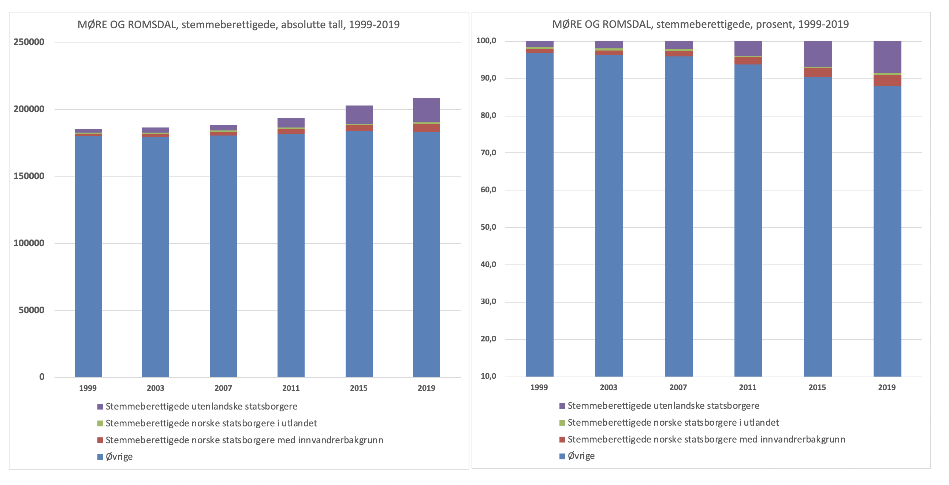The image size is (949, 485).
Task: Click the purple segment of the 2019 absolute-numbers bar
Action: [x=426, y=110]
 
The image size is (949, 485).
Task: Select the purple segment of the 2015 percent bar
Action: [x=818, y=54]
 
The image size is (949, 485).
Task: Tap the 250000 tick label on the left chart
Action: [x=29, y=42]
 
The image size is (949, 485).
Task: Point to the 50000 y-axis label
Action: [x=31, y=310]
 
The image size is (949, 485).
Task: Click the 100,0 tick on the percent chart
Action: [x=486, y=41]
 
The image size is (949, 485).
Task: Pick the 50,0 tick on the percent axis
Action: [x=488, y=227]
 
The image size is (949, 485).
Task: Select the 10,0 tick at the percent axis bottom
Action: [x=488, y=376]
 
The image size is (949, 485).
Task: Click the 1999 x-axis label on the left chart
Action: [x=88, y=388]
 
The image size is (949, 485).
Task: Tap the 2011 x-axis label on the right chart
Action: [x=748, y=387]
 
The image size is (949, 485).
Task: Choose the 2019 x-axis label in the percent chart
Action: [x=887, y=387]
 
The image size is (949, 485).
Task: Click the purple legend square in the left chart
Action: [x=100, y=407]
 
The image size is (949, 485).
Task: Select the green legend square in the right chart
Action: [x=562, y=423]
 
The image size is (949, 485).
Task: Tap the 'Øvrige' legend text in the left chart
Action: [x=119, y=457]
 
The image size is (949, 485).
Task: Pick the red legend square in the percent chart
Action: [x=562, y=439]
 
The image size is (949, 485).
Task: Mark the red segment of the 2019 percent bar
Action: [x=887, y=80]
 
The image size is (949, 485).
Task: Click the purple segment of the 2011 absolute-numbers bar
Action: [x=291, y=123]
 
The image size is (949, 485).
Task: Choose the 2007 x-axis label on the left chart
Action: [x=223, y=388]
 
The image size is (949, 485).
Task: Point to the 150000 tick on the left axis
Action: [x=29, y=176]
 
